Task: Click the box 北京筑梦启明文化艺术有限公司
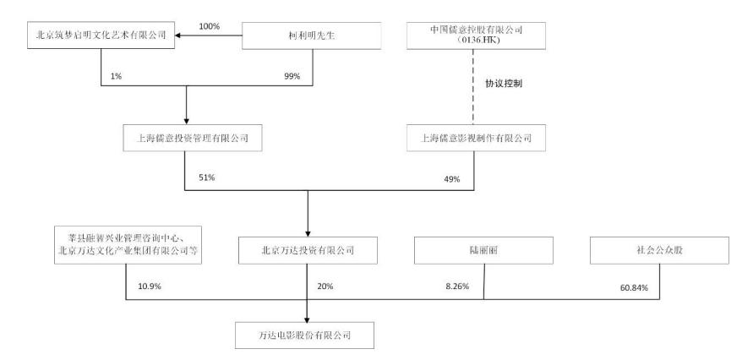click(x=101, y=35)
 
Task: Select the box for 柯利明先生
click(x=312, y=35)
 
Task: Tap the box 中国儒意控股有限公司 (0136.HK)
click(x=476, y=35)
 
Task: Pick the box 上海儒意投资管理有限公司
click(x=193, y=139)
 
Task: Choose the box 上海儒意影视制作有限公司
click(x=476, y=139)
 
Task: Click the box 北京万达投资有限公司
click(x=308, y=250)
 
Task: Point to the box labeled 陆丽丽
click(x=483, y=250)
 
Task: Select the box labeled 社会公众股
click(x=659, y=250)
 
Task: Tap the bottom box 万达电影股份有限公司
click(x=304, y=335)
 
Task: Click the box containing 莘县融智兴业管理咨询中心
click(x=128, y=244)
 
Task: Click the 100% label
click(x=210, y=27)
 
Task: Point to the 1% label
click(x=115, y=77)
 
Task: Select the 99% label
click(x=292, y=77)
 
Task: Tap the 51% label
click(x=207, y=177)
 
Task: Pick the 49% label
click(x=452, y=179)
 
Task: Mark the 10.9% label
click(x=150, y=286)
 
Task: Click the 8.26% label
click(x=457, y=286)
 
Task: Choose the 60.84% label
click(x=634, y=288)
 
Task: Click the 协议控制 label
click(x=504, y=84)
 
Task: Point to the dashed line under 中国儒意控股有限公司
click(x=474, y=87)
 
